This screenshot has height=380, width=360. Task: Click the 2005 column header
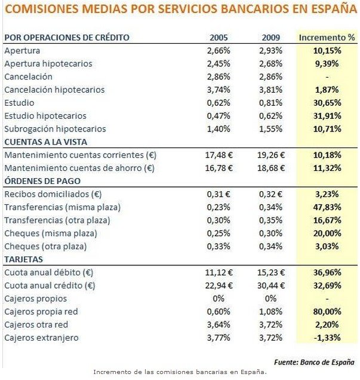(219, 37)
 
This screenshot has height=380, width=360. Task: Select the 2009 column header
(270, 37)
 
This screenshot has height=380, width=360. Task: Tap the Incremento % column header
(327, 37)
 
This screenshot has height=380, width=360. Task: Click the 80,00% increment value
(327, 311)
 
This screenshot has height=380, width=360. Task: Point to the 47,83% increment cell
(327, 207)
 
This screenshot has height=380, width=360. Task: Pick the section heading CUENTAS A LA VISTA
(46, 142)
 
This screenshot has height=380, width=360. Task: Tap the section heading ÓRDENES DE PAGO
(42, 180)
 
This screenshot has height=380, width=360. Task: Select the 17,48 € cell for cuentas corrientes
(219, 155)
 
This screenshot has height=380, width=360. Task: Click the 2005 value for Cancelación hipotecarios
(219, 90)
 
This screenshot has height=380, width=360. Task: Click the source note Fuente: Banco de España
(313, 362)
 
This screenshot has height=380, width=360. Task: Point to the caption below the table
(180, 372)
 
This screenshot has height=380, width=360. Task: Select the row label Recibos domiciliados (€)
(45, 194)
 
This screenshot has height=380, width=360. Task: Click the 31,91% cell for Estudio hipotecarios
(327, 115)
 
